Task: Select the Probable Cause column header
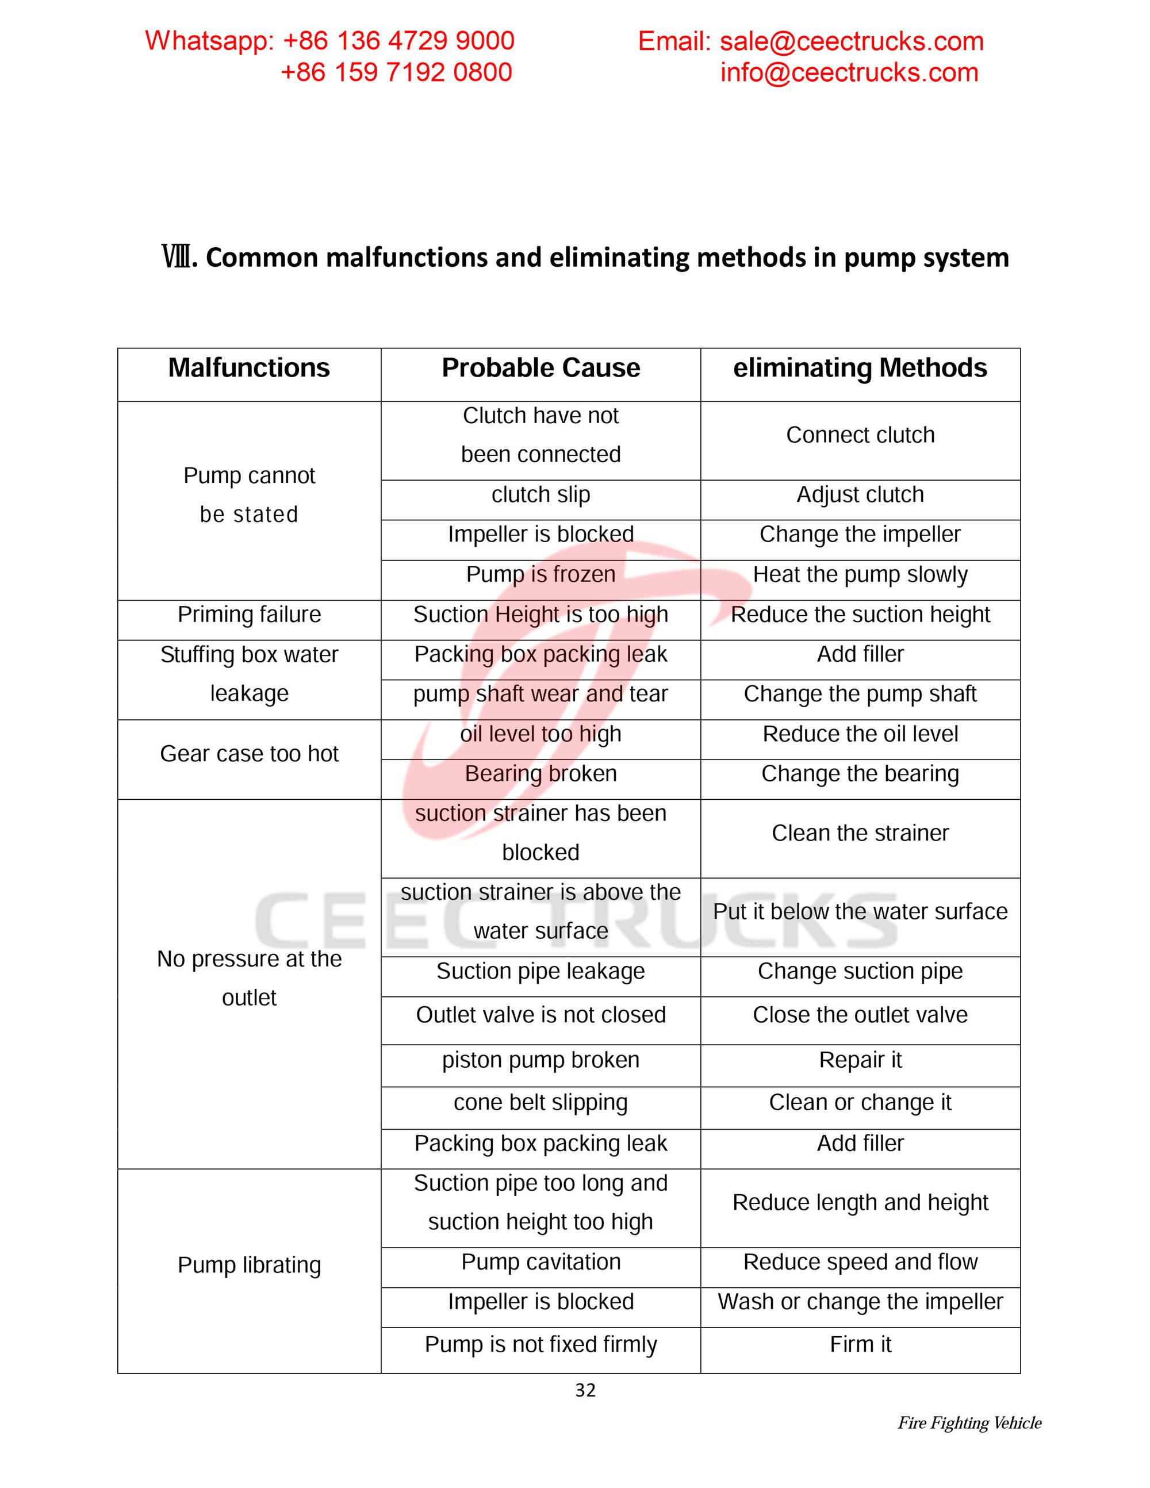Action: [540, 368]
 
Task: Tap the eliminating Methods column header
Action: [860, 368]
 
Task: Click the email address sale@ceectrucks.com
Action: [852, 41]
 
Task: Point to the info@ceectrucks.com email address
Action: [849, 73]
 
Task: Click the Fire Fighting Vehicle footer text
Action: [969, 1422]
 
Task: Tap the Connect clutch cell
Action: [860, 435]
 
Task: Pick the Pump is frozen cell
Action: [540, 574]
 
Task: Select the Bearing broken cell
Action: [540, 774]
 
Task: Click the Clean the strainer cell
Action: [860, 833]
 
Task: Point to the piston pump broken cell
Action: [540, 1060]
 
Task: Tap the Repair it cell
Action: [860, 1060]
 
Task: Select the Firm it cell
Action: [860, 1344]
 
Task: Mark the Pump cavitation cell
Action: [540, 1262]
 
